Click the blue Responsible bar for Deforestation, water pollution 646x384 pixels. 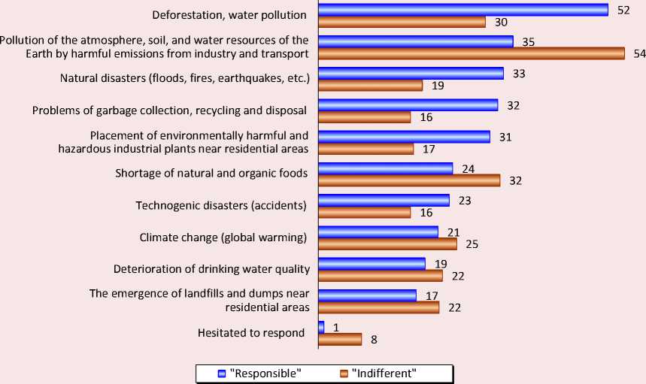coord(463,10)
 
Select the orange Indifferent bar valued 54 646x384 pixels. coord(471,53)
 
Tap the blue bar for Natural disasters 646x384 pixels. coord(411,74)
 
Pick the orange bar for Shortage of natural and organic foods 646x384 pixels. coord(409,180)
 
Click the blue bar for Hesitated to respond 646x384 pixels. coord(321,327)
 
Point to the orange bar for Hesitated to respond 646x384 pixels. coord(340,339)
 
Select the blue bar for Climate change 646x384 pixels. coord(378,232)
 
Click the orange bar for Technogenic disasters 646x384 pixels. coord(364,213)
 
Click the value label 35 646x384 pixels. coord(528,42)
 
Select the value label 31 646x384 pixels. coord(505,137)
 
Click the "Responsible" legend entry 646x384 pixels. coord(260,373)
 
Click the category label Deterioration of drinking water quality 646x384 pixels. coord(211,269)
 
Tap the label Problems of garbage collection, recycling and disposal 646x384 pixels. coord(170,110)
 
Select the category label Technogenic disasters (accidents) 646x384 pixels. coord(221,206)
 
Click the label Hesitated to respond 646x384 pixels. coord(251,333)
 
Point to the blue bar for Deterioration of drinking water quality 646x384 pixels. coord(372,264)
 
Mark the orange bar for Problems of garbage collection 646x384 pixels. coord(364,117)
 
